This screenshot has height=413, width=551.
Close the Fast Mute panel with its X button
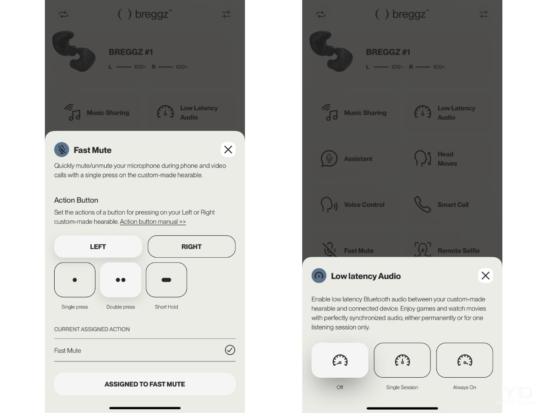[228, 150]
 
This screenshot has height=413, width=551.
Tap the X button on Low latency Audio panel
[486, 276]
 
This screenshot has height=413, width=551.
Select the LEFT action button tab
[98, 247]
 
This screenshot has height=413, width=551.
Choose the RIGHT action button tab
[192, 247]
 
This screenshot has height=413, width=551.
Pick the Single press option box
[75, 280]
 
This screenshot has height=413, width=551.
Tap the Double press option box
[121, 280]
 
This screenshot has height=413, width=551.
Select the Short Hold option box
[167, 280]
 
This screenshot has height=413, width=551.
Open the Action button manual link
[153, 222]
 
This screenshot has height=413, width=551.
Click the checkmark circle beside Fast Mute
[230, 350]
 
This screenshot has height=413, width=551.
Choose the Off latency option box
[340, 360]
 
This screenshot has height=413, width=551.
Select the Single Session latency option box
[402, 360]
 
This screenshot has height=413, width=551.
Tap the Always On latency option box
[464, 360]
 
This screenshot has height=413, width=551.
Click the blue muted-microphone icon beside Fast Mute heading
[62, 150]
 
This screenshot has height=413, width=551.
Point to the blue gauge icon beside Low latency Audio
[319, 276]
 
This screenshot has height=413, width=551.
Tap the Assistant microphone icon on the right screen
[329, 158]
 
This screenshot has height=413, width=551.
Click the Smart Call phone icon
[422, 204]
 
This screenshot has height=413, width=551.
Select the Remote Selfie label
[458, 250]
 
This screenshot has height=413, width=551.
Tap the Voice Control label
[364, 205]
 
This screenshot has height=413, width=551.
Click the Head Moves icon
[423, 158]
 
